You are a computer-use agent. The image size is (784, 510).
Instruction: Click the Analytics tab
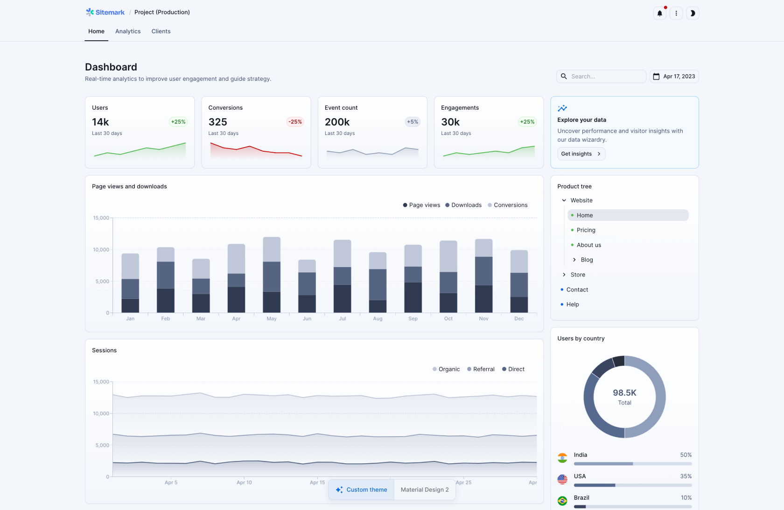pyautogui.click(x=128, y=31)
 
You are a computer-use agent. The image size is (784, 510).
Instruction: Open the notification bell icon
pyautogui.click(x=659, y=13)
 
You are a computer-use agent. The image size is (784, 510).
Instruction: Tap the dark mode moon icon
pyautogui.click(x=693, y=13)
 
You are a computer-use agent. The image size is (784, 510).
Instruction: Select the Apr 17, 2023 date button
pyautogui.click(x=674, y=77)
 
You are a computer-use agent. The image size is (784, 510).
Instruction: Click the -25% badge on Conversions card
pyautogui.click(x=295, y=122)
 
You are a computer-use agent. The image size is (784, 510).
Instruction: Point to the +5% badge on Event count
pyautogui.click(x=412, y=122)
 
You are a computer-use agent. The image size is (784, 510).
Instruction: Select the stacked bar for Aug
pyautogui.click(x=378, y=283)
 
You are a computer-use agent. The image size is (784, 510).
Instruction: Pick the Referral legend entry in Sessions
pyautogui.click(x=481, y=369)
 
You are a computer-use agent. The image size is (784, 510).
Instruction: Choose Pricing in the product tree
pyautogui.click(x=586, y=230)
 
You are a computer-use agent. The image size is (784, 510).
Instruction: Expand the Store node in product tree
pyautogui.click(x=564, y=275)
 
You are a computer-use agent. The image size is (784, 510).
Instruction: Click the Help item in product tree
pyautogui.click(x=573, y=305)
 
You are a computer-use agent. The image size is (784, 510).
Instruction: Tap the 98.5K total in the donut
pyautogui.click(x=624, y=393)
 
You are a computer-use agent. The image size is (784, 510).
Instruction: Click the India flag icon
pyautogui.click(x=562, y=458)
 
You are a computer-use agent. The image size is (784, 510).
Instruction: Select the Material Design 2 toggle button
pyautogui.click(x=425, y=490)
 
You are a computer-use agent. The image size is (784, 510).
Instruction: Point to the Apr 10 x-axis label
pyautogui.click(x=244, y=482)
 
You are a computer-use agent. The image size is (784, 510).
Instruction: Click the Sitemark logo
pyautogui.click(x=105, y=12)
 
